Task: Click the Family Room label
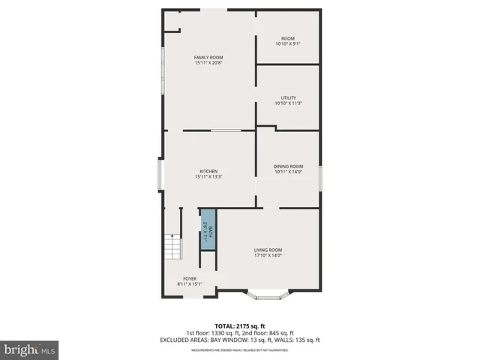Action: tap(208, 58)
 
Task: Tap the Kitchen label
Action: tap(208, 171)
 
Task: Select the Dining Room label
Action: tap(289, 166)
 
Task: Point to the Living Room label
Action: tap(268, 250)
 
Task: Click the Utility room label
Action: tap(288, 97)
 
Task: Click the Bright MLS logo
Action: tap(30, 349)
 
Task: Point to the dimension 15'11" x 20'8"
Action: tap(208, 63)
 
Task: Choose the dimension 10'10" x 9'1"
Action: tap(288, 43)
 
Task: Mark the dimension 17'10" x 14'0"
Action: tap(268, 256)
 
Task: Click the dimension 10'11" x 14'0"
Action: tap(289, 172)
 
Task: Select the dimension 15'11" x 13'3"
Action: tap(208, 177)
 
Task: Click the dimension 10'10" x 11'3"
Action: tap(288, 103)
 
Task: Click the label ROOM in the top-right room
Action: tap(288, 38)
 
